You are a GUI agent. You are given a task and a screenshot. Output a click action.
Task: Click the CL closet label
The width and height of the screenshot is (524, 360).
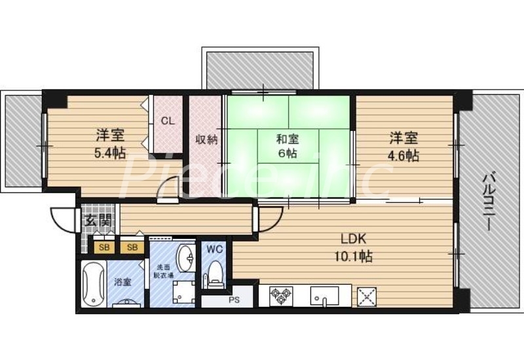pos(168,121)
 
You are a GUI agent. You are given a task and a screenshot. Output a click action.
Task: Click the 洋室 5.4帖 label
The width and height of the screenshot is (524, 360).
pos(110,146)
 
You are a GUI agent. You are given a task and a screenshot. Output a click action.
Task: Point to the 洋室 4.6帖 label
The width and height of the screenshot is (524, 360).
pos(403,147)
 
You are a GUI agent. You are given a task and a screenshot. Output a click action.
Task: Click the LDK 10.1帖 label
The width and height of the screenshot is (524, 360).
pos(355,247)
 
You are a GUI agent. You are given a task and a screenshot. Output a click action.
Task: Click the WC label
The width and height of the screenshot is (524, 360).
pos(214,249)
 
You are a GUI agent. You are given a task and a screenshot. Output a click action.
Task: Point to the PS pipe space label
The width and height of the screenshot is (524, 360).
pos(234,302)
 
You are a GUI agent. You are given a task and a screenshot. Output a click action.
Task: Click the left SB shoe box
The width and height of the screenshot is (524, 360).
pos(103,247)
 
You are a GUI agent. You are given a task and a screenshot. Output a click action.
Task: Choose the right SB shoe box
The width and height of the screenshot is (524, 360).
pos(132,247)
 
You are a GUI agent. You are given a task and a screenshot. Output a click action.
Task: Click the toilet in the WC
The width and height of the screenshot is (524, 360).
pos(215,274)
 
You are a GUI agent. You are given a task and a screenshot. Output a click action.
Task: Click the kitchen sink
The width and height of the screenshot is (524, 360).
pos(326,296)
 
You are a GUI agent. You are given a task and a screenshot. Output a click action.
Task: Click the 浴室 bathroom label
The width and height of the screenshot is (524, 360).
pos(122,283)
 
